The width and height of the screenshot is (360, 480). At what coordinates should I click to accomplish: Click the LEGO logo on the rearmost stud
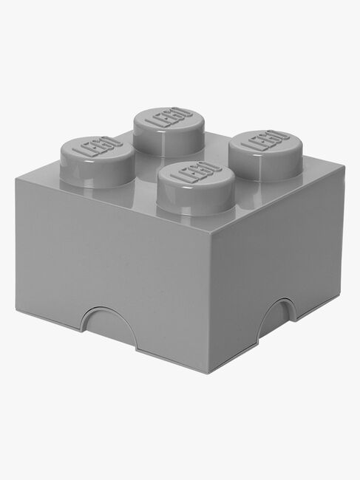(168, 117)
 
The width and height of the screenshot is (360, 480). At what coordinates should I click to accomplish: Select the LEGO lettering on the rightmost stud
(264, 141)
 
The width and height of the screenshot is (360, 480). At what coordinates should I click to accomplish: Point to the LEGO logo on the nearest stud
(194, 175)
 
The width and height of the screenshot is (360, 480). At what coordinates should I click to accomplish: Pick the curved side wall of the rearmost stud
(168, 142)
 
